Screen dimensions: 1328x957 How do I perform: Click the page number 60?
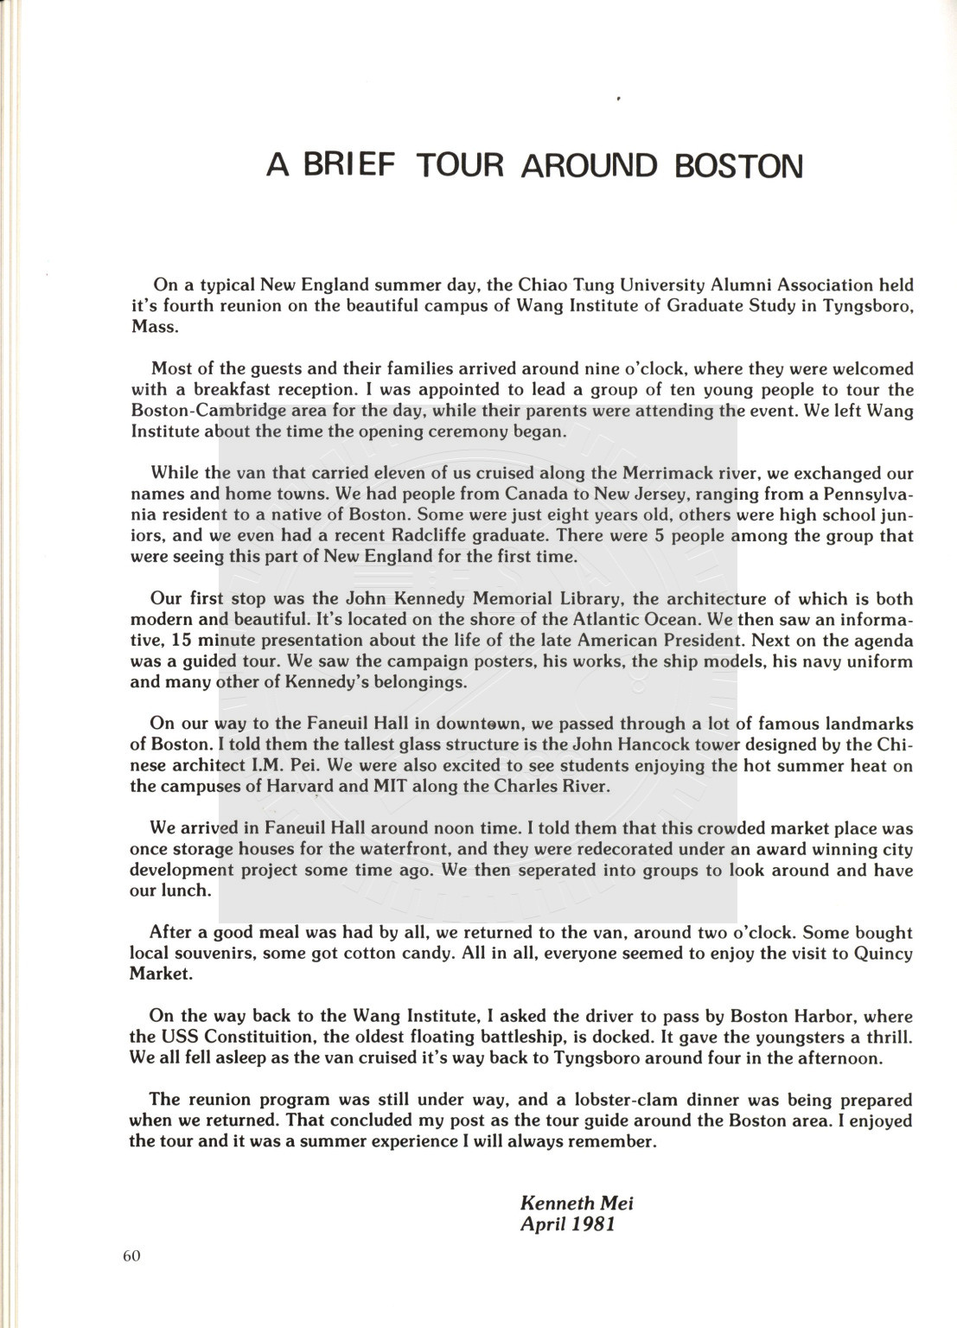(131, 1257)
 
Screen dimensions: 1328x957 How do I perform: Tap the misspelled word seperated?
(539, 870)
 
